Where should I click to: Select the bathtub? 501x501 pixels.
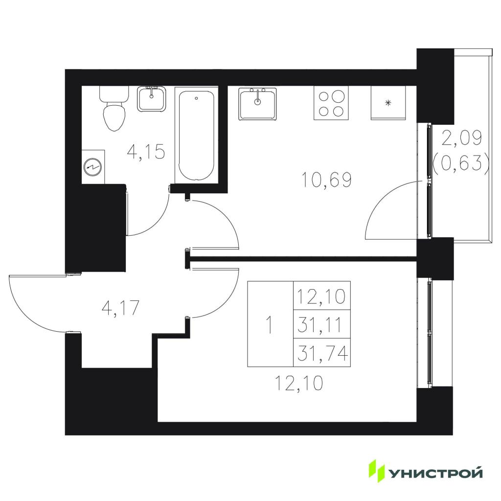pos(197,135)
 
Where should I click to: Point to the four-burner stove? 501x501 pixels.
pos(331,103)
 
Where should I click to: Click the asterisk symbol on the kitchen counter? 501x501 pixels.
pos(388,103)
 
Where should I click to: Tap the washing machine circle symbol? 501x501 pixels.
pos(93,167)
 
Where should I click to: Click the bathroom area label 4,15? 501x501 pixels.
pos(146,152)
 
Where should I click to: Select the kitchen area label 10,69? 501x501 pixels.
pos(326,179)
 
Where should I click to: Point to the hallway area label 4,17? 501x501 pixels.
pos(120,308)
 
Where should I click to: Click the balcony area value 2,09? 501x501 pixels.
pos(462,138)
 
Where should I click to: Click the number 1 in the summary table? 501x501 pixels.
pos(270,325)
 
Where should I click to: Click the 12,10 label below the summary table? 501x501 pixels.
pos(299,383)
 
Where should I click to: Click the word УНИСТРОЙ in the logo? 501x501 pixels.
pos(435,473)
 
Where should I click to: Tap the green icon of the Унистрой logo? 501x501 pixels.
pos(377,471)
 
